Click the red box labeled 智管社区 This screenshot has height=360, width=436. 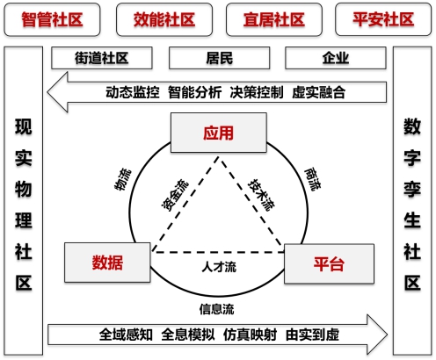click(x=52, y=19)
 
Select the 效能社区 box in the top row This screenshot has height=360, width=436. click(x=164, y=19)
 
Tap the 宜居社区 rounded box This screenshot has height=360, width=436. click(x=274, y=19)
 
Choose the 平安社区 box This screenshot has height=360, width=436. click(x=383, y=19)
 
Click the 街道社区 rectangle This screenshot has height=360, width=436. click(x=102, y=58)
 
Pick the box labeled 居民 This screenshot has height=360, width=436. click(x=220, y=58)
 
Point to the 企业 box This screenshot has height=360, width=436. click(x=336, y=58)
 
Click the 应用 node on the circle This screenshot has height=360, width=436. click(x=219, y=133)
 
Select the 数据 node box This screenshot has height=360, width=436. click(x=107, y=263)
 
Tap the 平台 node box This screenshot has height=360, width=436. click(x=329, y=263)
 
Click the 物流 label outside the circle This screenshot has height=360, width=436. click(x=123, y=179)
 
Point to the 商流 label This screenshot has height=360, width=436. click(x=313, y=179)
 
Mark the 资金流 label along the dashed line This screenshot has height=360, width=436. click(x=175, y=195)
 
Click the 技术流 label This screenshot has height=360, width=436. click(x=261, y=195)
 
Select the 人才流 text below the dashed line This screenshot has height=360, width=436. click(x=219, y=267)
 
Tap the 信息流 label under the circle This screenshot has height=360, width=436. click(x=217, y=309)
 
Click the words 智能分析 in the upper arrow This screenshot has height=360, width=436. click(x=194, y=92)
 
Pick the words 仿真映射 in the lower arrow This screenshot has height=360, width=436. click(x=250, y=335)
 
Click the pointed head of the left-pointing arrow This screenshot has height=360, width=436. click(x=47, y=92)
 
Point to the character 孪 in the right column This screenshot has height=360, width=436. click(x=412, y=190)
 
